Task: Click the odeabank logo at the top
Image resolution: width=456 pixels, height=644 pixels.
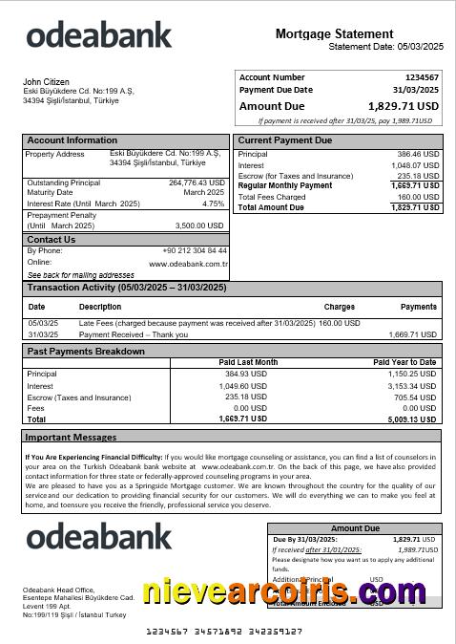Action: [98, 35]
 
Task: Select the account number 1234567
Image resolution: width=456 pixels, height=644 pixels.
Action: [422, 77]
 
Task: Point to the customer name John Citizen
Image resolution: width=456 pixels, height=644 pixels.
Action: [45, 82]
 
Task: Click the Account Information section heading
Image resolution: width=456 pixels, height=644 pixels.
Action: [73, 140]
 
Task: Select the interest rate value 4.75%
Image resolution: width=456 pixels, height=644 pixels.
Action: [213, 204]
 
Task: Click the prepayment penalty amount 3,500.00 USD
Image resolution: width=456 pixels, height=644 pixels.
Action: [199, 225]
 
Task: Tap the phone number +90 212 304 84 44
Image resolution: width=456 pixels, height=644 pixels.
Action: [195, 250]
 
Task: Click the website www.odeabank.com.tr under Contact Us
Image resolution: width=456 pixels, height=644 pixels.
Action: [188, 263]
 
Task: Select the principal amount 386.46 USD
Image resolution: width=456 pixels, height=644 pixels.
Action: [418, 154]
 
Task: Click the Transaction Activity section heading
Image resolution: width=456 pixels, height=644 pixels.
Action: [126, 288]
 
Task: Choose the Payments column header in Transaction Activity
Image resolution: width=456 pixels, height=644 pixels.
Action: [418, 308]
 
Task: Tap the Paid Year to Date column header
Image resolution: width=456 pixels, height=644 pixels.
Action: [404, 363]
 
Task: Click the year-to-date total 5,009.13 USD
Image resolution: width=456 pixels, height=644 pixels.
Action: [412, 419]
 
